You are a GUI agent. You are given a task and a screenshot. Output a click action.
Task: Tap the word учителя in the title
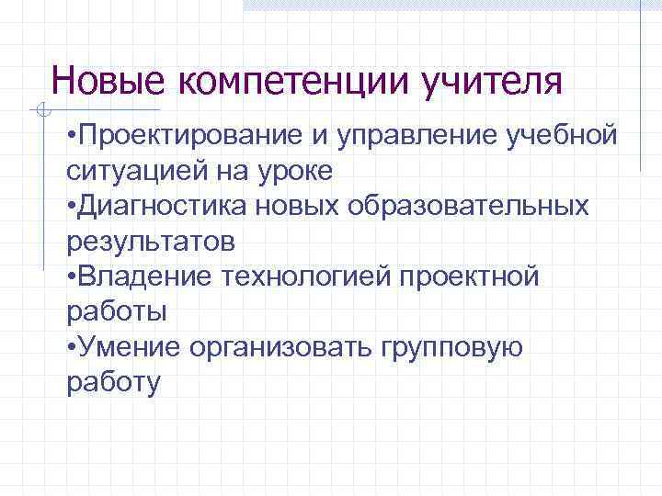[492, 81]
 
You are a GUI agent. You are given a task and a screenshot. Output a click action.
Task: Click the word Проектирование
[187, 136]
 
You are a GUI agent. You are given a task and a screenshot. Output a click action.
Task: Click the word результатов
[150, 241]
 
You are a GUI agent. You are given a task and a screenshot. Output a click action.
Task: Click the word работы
[117, 310]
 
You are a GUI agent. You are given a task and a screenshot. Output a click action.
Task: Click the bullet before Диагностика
[73, 207]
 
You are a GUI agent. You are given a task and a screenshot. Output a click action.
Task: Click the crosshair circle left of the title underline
[40, 111]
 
